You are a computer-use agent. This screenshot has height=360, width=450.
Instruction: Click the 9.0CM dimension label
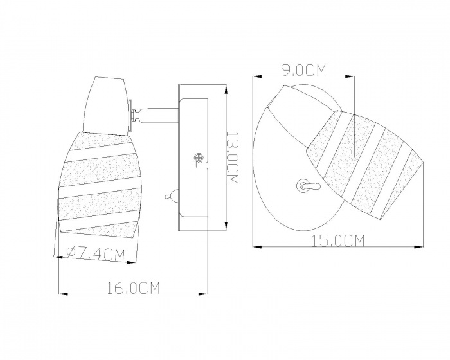[x=304, y=70]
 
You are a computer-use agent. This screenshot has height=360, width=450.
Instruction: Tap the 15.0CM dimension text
[x=338, y=241]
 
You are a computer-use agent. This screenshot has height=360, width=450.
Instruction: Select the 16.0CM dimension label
[x=133, y=288]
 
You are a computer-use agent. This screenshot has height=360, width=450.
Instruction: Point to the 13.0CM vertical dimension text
[x=232, y=158]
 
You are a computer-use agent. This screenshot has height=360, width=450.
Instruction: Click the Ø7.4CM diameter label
[x=96, y=254]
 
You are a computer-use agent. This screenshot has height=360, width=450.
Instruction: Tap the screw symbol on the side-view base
[x=198, y=157]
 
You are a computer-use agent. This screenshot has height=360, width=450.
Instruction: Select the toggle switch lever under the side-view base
[x=171, y=197]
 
